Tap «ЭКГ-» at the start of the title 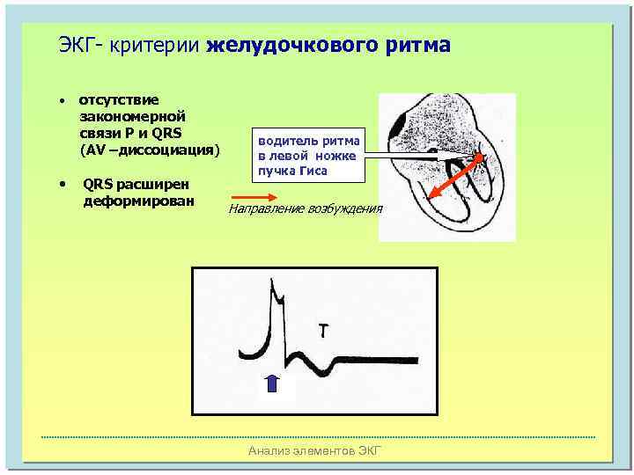[x=80, y=45]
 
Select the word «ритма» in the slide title [x=417, y=45]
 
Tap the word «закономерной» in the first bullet [x=132, y=116]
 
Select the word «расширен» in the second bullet [x=162, y=185]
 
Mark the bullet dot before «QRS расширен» [x=63, y=185]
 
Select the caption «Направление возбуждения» [x=306, y=209]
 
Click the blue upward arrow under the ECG [x=272, y=383]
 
